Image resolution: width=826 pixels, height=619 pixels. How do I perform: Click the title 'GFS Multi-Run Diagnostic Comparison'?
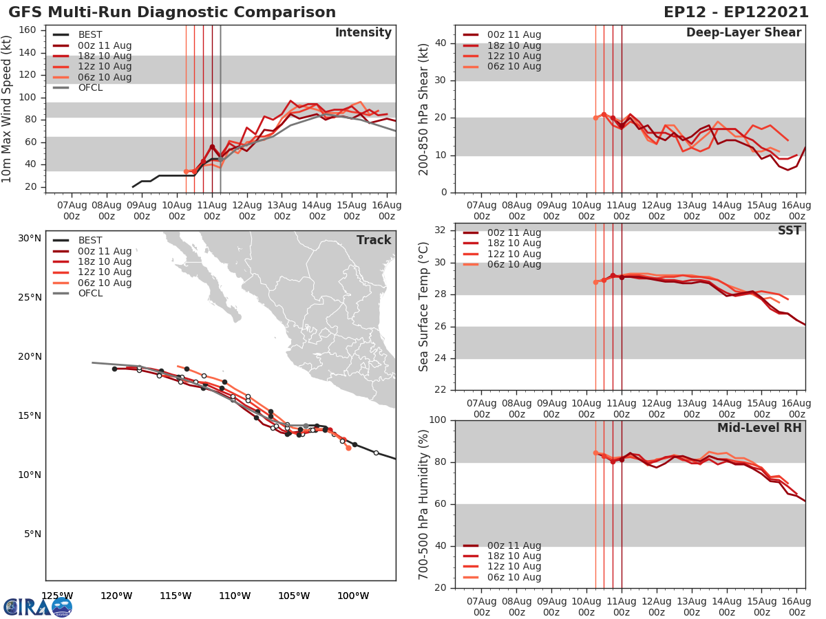coord(172,12)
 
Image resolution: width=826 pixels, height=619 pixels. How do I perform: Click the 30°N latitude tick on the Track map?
coord(29,239)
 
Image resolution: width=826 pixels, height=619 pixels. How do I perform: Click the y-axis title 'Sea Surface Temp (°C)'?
coord(424,307)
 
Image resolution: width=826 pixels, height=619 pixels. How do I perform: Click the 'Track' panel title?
coord(373,240)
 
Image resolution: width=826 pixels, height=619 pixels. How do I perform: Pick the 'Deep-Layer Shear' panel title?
coord(743,33)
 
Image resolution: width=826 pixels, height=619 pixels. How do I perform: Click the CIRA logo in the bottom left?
coord(37,607)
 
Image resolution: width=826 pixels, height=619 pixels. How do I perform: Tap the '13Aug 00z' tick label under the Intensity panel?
coord(282,210)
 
